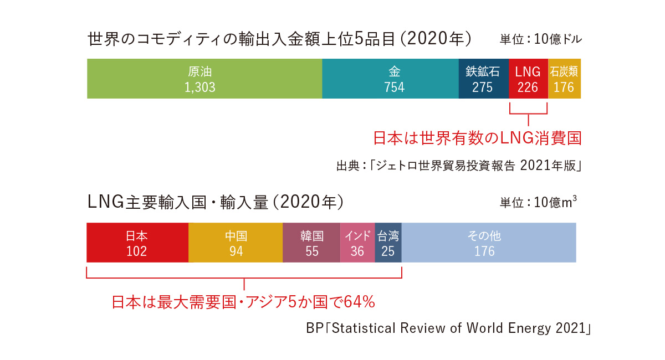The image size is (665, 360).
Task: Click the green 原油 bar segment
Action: click(x=204, y=79)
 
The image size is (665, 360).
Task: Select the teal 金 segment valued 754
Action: click(x=390, y=79)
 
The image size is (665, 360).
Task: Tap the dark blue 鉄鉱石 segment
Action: click(x=483, y=79)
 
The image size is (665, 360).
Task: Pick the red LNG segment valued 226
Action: click(x=528, y=79)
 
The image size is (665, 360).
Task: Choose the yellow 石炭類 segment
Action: click(x=564, y=79)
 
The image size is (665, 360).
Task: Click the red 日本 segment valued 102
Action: click(x=137, y=243)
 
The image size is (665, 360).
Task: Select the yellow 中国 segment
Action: click(x=236, y=243)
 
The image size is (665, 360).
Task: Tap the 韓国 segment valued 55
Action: click(x=311, y=243)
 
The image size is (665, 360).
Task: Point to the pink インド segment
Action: click(x=357, y=243)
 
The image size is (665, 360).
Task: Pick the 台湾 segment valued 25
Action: click(x=388, y=243)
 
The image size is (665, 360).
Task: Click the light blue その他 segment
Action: click(x=488, y=243)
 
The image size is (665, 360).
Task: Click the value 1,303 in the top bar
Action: click(x=201, y=88)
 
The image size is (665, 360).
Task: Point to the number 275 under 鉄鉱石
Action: click(x=482, y=88)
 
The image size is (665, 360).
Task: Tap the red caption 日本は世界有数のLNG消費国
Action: click(x=477, y=137)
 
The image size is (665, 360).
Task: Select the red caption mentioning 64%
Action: click(x=244, y=302)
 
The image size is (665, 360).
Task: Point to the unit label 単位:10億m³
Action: click(x=538, y=203)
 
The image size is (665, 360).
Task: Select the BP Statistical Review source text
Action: click(x=449, y=328)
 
